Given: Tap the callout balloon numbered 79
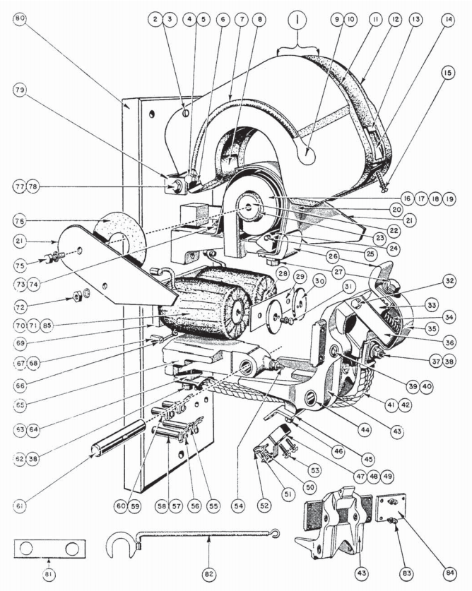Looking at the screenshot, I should pos(20,90).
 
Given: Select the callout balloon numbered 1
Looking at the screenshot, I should pos(298,21).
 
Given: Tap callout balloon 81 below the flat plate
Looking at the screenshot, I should pos(48,573).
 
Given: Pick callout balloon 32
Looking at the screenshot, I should pos(449,280).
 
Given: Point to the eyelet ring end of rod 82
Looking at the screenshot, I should pos(276,533).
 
